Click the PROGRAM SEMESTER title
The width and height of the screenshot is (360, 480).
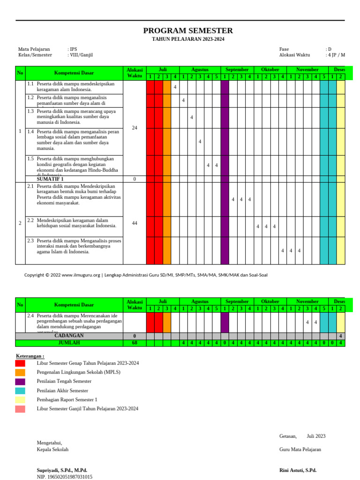click(x=187, y=31)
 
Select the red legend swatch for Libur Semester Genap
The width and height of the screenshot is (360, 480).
click(x=20, y=363)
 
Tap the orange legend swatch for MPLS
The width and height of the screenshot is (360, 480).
click(x=20, y=372)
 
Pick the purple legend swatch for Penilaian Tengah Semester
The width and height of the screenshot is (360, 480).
click(x=20, y=382)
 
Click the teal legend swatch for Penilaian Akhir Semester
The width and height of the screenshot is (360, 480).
click(x=20, y=390)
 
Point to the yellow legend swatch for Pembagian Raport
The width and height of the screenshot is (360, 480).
click(x=20, y=400)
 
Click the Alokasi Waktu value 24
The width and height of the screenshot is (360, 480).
click(x=135, y=128)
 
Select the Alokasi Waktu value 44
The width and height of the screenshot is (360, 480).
click(x=135, y=223)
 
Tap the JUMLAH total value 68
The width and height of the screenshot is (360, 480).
click(x=135, y=343)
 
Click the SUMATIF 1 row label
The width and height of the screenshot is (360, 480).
click(x=50, y=179)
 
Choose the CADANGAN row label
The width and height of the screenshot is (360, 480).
click(x=69, y=336)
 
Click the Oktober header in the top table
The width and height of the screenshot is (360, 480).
click(x=270, y=69)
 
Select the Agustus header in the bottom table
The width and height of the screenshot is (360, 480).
click(x=200, y=301)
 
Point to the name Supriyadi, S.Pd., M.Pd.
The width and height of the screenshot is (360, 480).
click(x=62, y=470)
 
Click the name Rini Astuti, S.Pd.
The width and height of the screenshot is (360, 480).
click(x=298, y=470)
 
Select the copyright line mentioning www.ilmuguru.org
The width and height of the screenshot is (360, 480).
click(x=146, y=275)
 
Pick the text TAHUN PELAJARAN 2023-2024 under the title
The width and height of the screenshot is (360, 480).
click(x=187, y=39)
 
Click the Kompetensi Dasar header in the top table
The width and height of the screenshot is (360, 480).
click(x=74, y=73)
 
